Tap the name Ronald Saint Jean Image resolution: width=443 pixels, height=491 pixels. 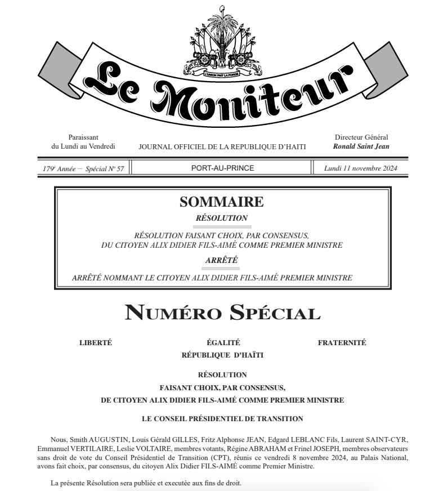(361, 146)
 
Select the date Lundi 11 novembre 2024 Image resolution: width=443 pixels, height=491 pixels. (361, 168)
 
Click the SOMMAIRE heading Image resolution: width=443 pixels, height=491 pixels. (221, 202)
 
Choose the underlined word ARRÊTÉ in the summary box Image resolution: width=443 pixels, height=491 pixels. (221, 260)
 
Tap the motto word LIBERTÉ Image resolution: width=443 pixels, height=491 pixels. (97, 342)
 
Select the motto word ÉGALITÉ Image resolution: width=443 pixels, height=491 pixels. (223, 342)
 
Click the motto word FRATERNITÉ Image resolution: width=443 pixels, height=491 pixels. (342, 342)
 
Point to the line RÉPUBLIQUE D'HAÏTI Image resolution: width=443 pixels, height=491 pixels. (222, 355)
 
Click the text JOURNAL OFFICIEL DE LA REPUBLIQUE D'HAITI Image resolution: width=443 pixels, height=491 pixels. (222, 147)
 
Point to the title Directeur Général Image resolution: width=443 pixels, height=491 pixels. (361, 137)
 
